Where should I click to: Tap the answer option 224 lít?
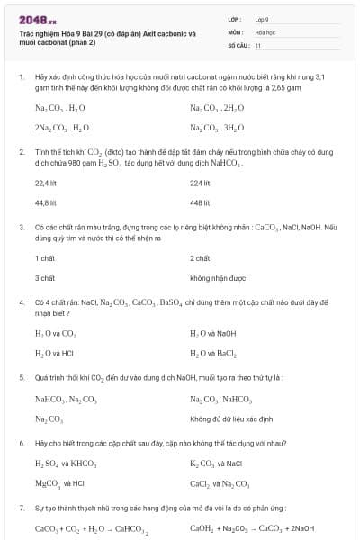[x=200, y=183]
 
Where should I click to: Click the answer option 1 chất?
[x=45, y=258]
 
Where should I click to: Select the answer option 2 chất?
[x=200, y=258]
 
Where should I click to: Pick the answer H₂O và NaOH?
[x=212, y=334]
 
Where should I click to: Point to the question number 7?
[x=21, y=508]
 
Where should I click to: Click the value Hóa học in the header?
[x=265, y=31]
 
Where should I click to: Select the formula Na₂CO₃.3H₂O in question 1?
[x=217, y=127]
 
